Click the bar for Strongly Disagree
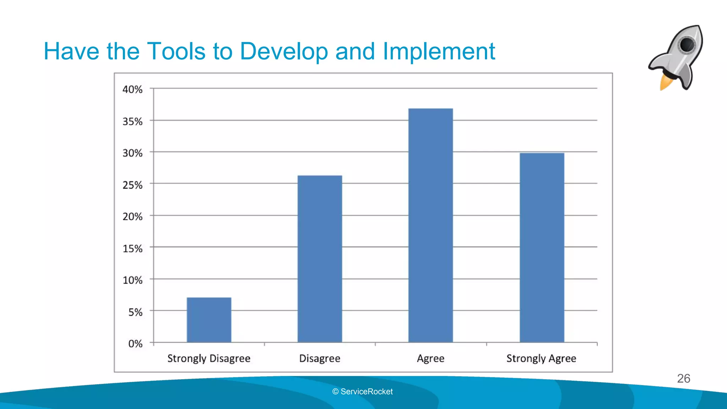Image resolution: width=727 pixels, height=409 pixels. [x=209, y=320]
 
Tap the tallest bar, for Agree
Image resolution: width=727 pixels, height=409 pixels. [x=430, y=225]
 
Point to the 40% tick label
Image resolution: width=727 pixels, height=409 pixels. [x=132, y=89]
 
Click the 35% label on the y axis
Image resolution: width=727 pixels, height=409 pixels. [x=132, y=121]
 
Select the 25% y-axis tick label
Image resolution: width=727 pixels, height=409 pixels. [x=132, y=185]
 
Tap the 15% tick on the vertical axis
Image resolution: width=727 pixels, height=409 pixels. [x=132, y=249]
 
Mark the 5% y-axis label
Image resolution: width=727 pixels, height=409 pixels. [x=135, y=312]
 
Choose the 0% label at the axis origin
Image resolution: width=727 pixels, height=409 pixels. [x=135, y=344]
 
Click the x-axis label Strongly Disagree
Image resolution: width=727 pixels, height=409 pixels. [x=209, y=359]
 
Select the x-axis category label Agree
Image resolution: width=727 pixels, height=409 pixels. [x=430, y=359]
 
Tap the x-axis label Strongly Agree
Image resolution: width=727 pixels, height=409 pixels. [x=541, y=359]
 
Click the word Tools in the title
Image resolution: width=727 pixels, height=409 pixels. [x=176, y=51]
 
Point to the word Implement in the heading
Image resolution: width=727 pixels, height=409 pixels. [x=439, y=51]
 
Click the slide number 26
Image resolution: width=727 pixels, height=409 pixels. [x=683, y=378]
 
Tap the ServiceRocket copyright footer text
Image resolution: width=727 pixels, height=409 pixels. [x=362, y=392]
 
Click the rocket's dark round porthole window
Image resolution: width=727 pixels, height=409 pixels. [x=687, y=45]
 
